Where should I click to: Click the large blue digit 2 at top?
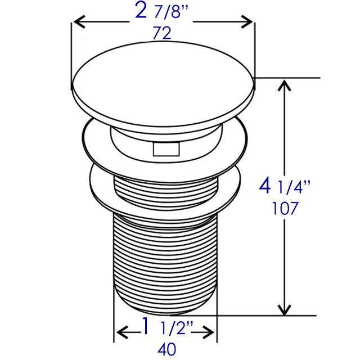pyautogui.click(x=141, y=10)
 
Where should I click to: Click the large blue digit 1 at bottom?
pyautogui.click(x=146, y=326)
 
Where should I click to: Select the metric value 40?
pyautogui.click(x=166, y=349)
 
